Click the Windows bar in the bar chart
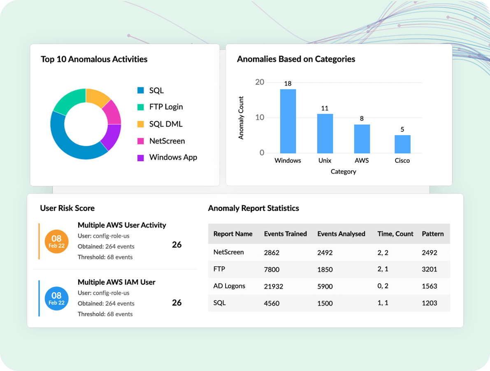point(288,121)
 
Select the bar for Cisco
point(402,144)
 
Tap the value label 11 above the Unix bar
point(325,108)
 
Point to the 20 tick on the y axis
point(260,82)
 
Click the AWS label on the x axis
point(362,160)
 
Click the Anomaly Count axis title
point(241,118)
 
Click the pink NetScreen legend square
point(141,141)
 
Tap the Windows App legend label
point(173,157)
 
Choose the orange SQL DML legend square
point(141,124)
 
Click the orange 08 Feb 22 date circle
point(56,241)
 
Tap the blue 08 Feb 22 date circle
point(56,298)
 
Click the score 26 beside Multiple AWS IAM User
point(176,303)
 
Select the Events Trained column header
point(285,234)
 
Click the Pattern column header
point(432,234)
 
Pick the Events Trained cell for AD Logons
point(274,286)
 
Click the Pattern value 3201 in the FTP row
point(429,270)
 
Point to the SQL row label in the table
point(219,303)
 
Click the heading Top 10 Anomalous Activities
point(94,59)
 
